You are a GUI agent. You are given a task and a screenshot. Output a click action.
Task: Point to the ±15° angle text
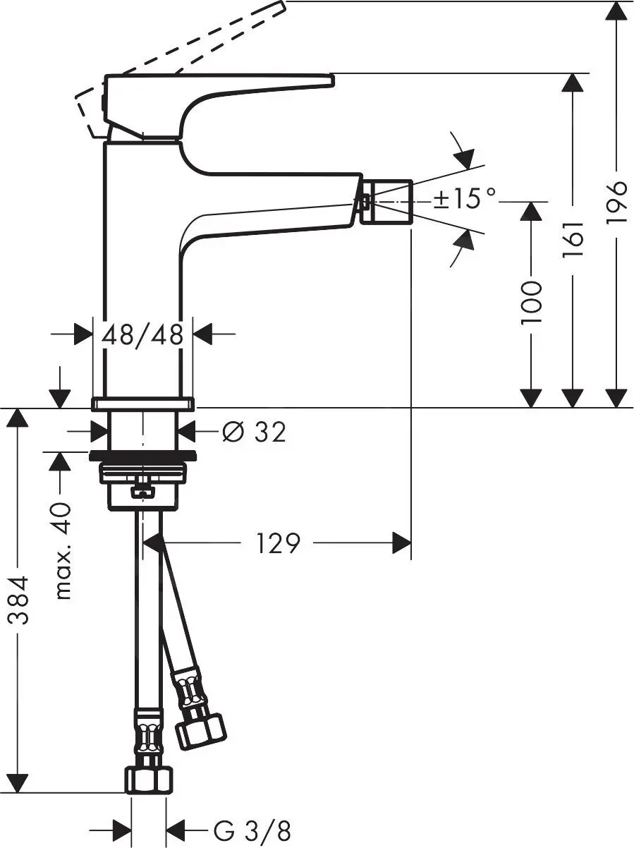464,199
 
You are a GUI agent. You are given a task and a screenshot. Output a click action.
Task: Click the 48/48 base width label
143,334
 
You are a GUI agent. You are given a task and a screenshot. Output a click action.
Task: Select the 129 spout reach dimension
278,543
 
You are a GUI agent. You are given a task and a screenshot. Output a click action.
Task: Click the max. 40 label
63,551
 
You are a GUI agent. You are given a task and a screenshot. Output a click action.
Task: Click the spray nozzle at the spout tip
386,202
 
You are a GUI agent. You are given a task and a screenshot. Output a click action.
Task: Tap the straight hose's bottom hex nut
149,780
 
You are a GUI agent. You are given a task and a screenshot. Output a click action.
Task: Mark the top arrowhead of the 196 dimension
616,11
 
